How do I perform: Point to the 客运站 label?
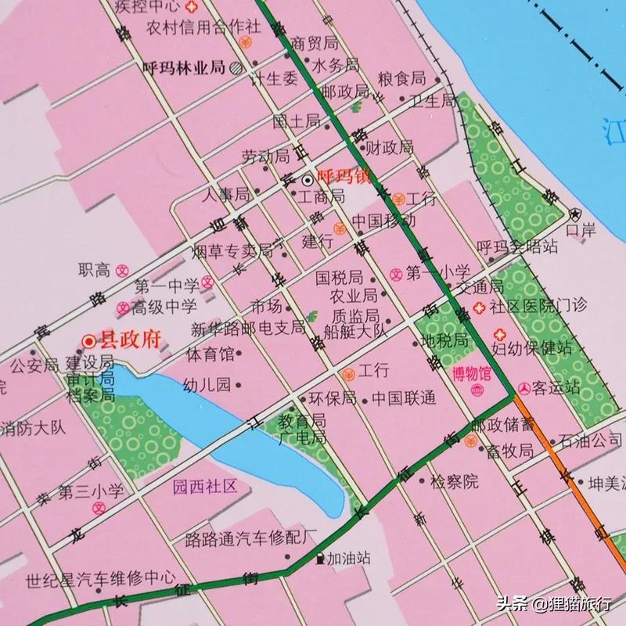tap(556, 387)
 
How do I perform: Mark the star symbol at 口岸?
tap(576, 214)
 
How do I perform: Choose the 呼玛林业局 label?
tap(185, 67)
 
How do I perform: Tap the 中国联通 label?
tap(404, 398)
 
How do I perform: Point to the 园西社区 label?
tap(204, 487)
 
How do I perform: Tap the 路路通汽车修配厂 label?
tap(250, 538)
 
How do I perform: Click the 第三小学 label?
tap(92, 492)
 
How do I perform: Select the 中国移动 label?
tap(383, 221)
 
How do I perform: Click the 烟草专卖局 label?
tap(232, 252)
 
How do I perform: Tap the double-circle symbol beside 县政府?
tap(89, 341)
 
